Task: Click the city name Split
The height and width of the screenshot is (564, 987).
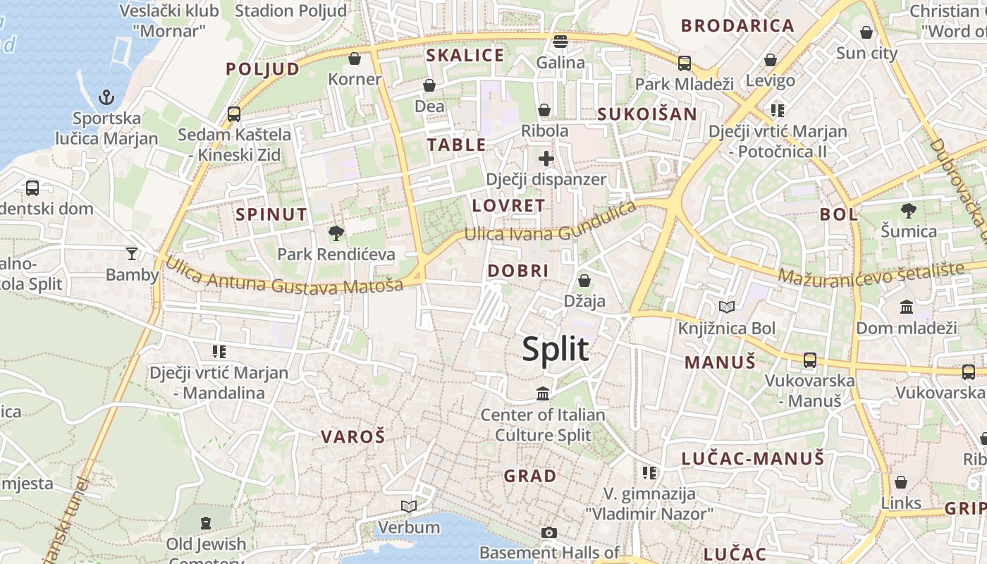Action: tap(556, 350)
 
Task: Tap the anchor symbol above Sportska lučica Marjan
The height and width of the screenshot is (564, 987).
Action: tap(106, 97)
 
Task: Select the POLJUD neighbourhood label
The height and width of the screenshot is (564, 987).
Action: tap(263, 69)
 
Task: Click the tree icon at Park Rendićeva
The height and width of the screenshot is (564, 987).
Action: tap(336, 233)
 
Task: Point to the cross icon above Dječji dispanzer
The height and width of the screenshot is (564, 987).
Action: tap(546, 159)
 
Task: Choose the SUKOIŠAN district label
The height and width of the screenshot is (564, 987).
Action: tap(647, 114)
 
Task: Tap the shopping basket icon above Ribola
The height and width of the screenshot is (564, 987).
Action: tap(544, 110)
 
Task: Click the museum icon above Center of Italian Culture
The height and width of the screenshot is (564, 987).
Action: tap(543, 393)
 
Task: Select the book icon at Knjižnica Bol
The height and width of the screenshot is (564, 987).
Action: tap(726, 307)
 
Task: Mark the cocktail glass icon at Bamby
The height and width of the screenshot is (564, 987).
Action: tap(132, 254)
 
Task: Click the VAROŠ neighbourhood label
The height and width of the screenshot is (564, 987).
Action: tap(353, 437)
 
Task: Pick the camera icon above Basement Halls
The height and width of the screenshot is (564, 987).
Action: tap(549, 532)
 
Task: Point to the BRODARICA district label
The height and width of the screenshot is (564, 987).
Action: tap(738, 26)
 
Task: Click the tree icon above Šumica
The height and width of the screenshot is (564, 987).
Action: tap(909, 210)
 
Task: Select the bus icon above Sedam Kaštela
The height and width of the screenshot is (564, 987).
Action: tap(234, 114)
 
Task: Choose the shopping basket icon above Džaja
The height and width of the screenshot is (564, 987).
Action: tap(584, 281)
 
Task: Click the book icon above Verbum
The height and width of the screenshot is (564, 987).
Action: tap(409, 506)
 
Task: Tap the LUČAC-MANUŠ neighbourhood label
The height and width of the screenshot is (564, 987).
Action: tap(753, 459)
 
